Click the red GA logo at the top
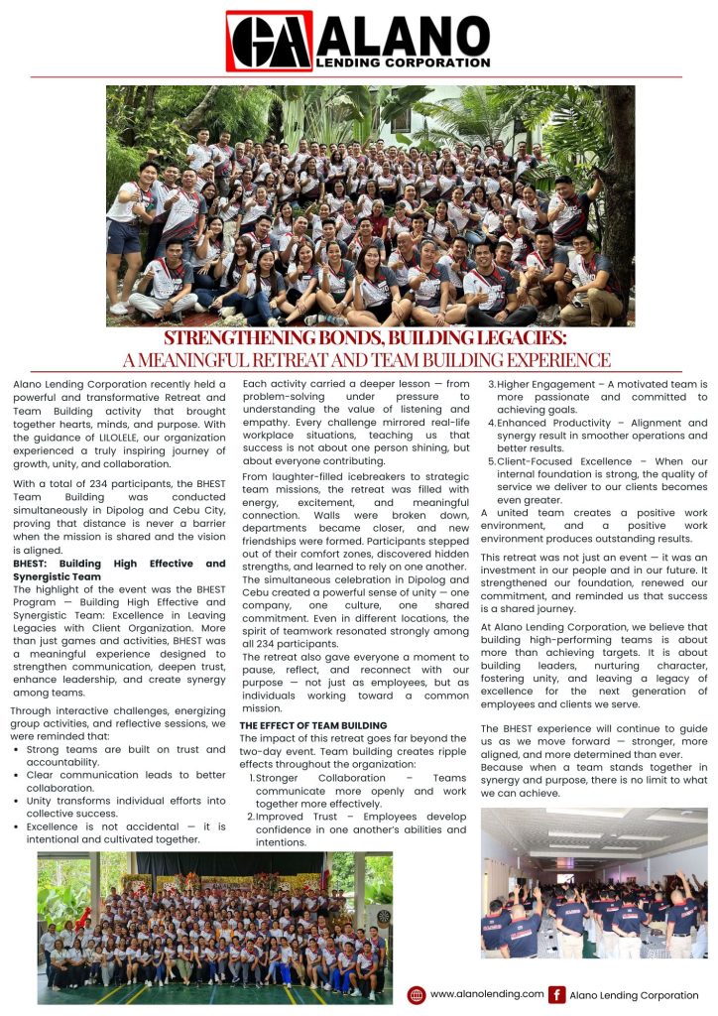(269, 42)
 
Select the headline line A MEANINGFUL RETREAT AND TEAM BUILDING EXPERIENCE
(358, 360)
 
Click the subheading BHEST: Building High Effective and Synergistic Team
(119, 570)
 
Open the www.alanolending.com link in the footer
(487, 994)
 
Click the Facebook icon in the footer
(557, 995)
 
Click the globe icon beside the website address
(417, 995)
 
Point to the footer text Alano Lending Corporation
(634, 995)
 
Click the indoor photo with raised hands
(594, 883)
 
